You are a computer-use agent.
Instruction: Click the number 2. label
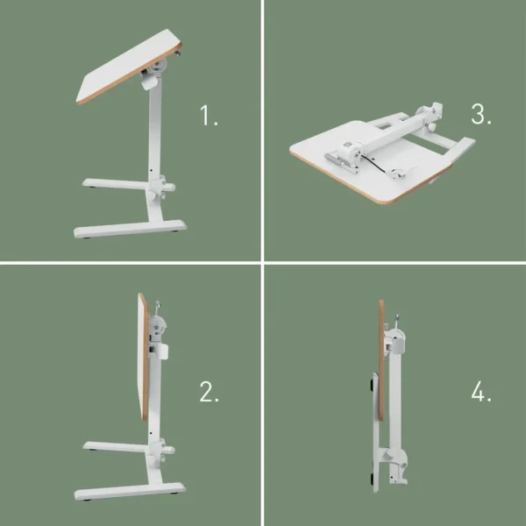pos(209,393)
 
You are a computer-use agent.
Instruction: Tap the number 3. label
pos(480,114)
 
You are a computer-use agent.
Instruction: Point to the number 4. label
pos(480,393)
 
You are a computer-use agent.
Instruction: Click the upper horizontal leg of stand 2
pos(114,448)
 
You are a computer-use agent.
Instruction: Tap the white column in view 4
pos(395,394)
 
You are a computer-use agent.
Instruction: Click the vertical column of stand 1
pos(153,131)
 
